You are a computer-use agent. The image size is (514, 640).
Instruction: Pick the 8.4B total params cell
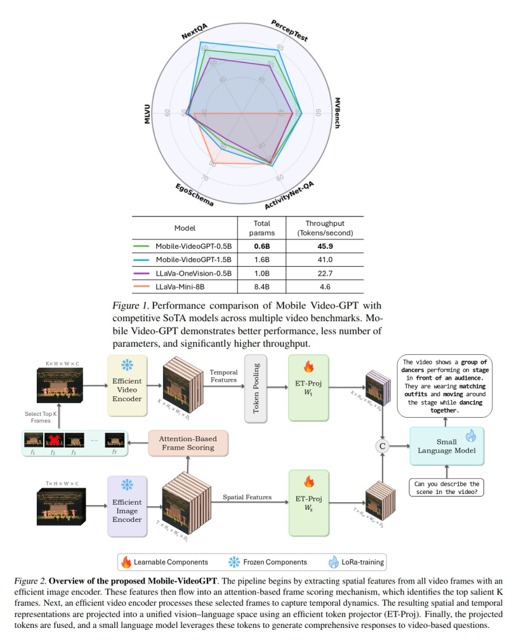[x=261, y=288]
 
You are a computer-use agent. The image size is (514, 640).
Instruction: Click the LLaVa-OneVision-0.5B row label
[x=194, y=274]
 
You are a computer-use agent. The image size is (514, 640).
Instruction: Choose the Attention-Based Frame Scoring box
[x=188, y=443]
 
